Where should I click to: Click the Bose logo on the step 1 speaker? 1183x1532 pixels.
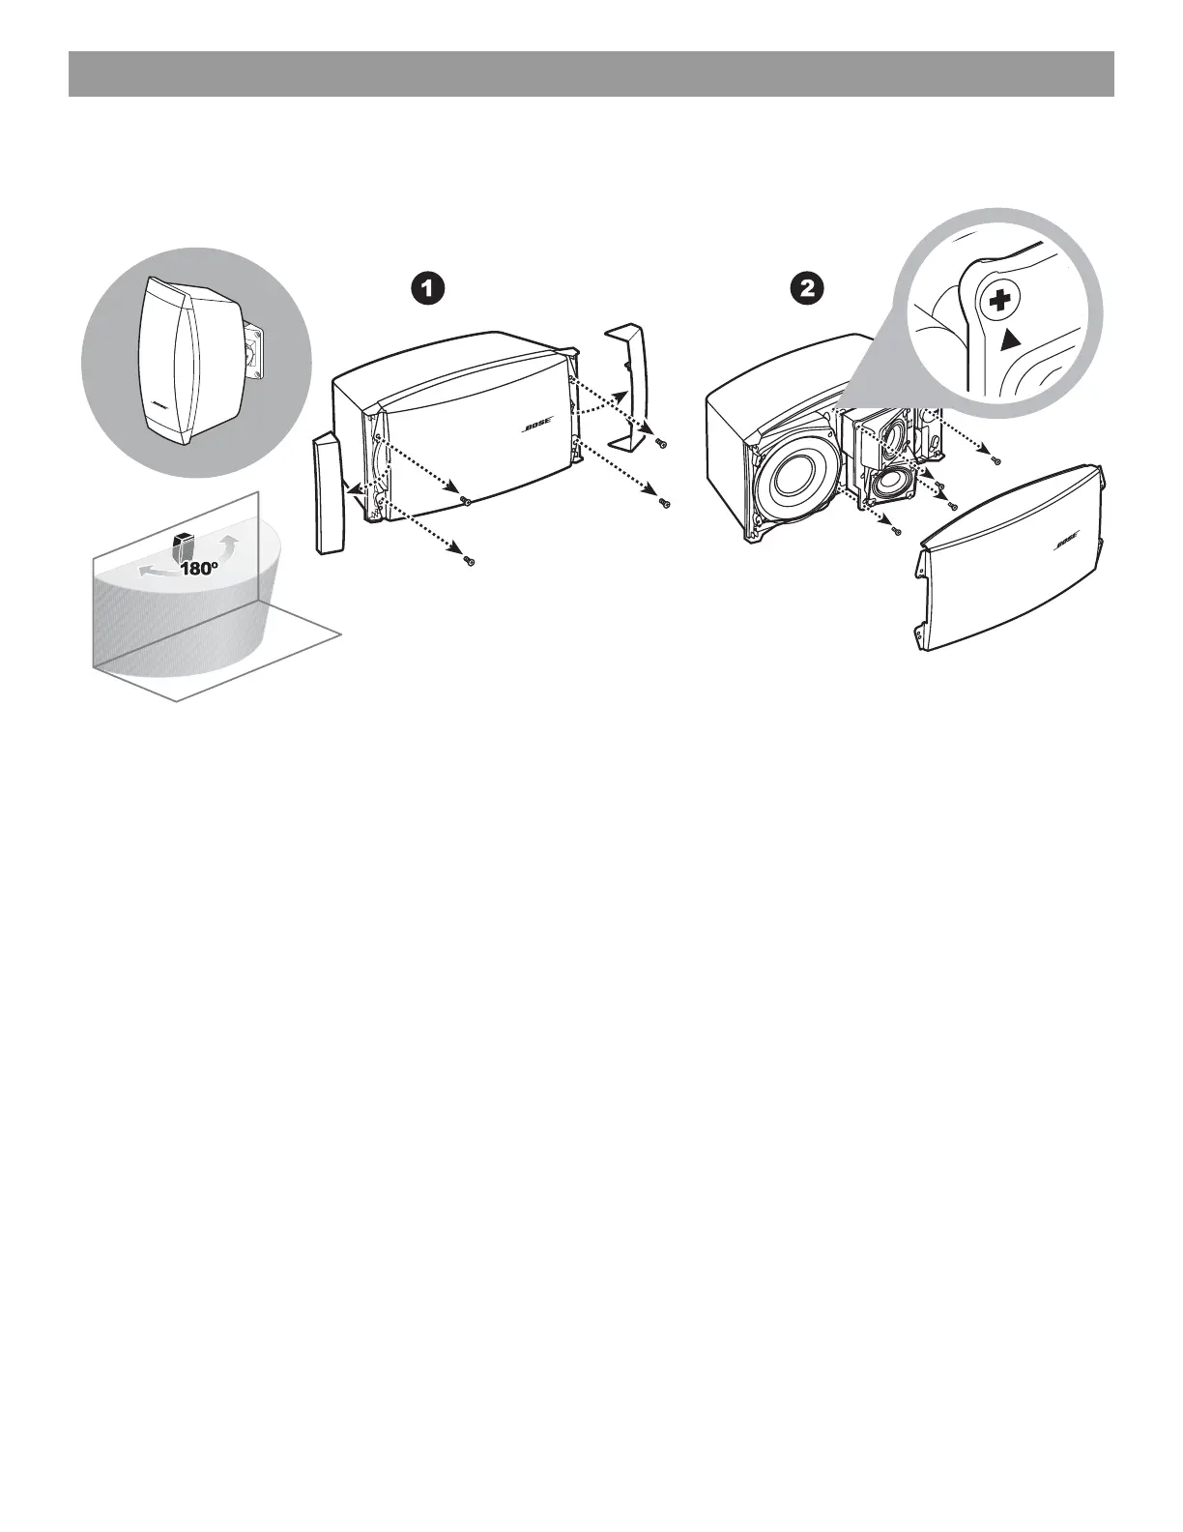(x=537, y=427)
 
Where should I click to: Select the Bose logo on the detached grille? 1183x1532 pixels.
(x=1063, y=542)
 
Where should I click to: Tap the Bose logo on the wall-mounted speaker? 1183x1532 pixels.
(x=159, y=403)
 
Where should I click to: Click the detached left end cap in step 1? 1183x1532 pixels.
(x=328, y=495)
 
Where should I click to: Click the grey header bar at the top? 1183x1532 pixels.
(x=591, y=74)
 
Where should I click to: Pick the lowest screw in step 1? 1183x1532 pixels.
(x=469, y=561)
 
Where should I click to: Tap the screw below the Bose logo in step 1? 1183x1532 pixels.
(x=465, y=501)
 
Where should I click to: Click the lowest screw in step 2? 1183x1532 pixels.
(x=896, y=530)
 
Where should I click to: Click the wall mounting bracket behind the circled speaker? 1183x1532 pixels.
(x=255, y=349)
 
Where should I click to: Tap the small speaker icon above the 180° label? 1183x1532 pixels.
(x=181, y=547)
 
